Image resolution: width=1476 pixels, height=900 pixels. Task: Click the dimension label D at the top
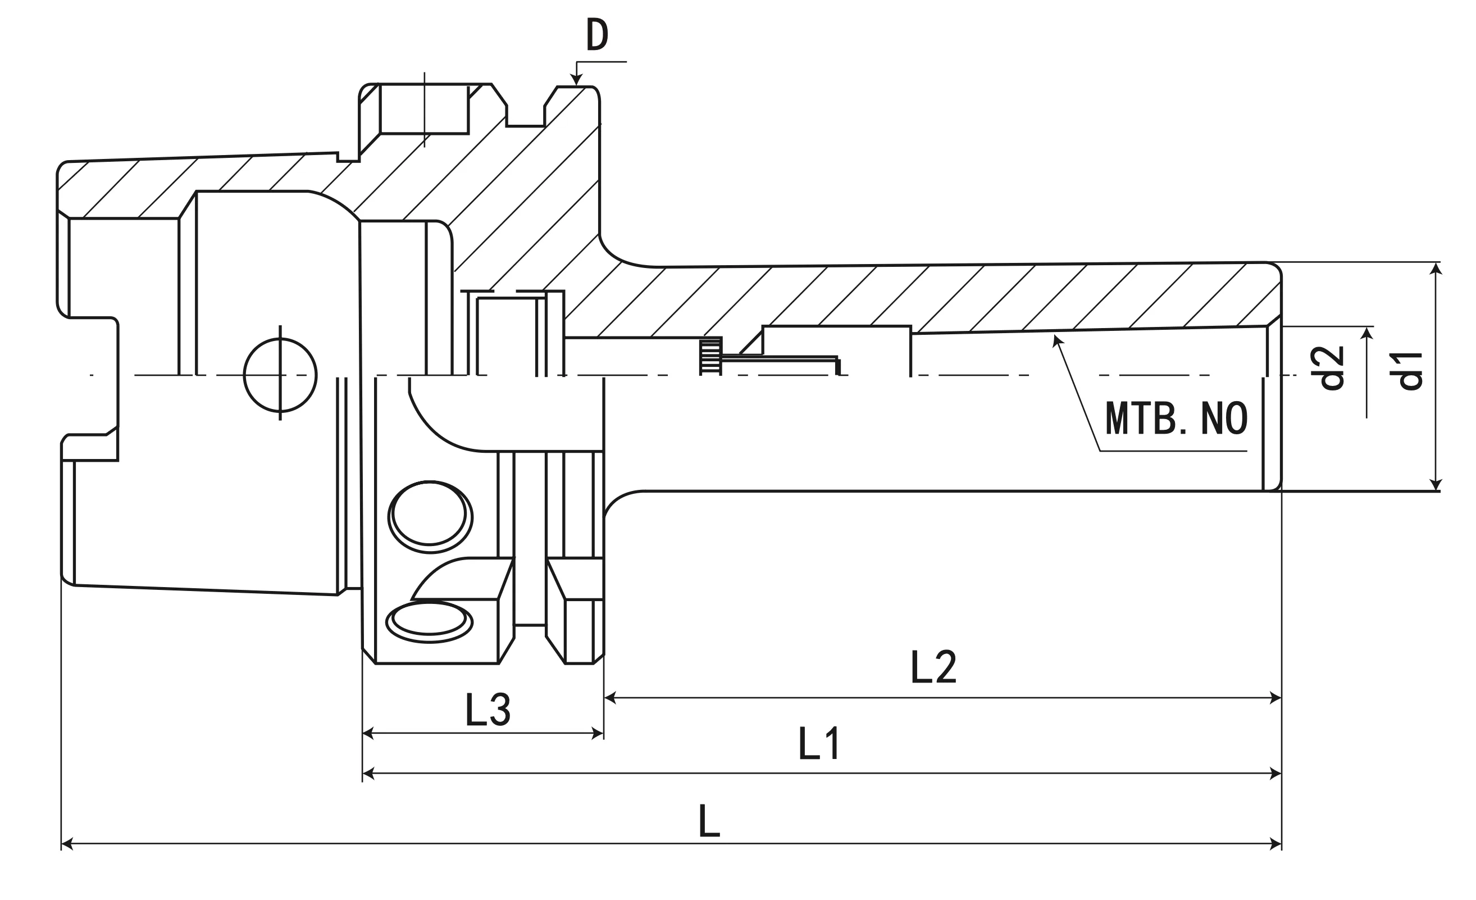[596, 35]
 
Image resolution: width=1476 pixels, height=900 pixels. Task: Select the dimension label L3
[488, 710]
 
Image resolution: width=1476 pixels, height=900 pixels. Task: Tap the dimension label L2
[933, 667]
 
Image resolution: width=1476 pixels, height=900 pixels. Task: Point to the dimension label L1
[819, 744]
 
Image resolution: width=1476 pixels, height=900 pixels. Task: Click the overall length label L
[709, 821]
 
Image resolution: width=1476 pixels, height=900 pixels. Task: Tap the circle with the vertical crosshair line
[280, 375]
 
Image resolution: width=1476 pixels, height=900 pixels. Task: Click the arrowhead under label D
[576, 80]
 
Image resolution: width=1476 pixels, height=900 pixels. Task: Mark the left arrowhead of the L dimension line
[67, 844]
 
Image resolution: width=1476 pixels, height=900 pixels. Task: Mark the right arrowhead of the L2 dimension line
[1275, 697]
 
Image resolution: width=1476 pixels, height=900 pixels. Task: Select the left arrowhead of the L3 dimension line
[368, 733]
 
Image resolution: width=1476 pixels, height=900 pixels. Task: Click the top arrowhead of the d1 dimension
[1435, 269]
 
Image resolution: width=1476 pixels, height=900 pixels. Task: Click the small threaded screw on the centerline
[711, 357]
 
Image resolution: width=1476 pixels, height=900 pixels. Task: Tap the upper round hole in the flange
[430, 516]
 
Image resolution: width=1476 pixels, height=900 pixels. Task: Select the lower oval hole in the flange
[429, 622]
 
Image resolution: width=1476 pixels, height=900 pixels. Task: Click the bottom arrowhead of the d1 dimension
[1435, 484]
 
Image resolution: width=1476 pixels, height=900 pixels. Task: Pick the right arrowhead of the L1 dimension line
[1275, 774]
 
